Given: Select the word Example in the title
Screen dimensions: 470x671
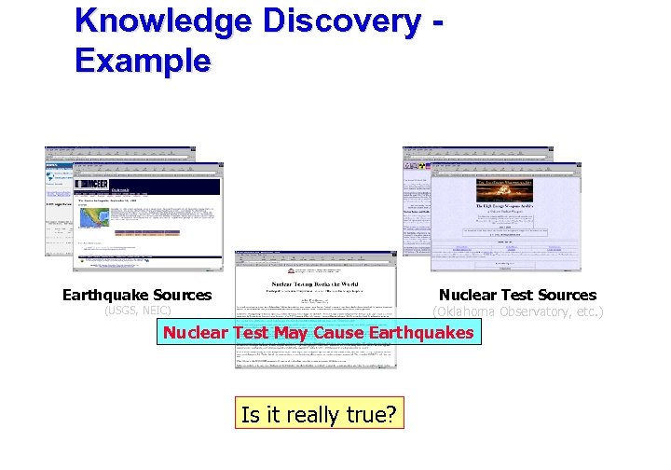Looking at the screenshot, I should click(x=144, y=61).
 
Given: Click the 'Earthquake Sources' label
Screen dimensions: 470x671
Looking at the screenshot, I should click(x=137, y=296).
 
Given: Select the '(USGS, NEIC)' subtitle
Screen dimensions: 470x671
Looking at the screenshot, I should click(x=137, y=311).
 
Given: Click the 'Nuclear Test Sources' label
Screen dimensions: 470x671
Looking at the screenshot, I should click(x=517, y=296).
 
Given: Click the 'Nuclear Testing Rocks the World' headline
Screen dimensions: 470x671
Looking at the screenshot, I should click(x=316, y=281).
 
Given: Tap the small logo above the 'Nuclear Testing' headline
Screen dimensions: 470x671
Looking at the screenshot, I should click(x=316, y=267).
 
